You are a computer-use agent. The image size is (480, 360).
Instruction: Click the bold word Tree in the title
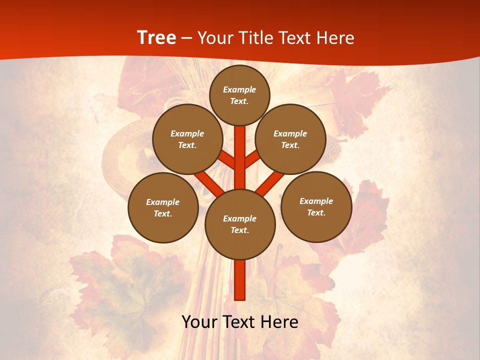[x=156, y=37]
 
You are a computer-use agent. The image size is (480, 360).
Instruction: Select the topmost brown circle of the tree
[x=239, y=95]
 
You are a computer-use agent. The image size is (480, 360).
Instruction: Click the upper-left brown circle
[x=187, y=139]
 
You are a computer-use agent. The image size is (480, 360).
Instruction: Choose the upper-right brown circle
[x=290, y=139]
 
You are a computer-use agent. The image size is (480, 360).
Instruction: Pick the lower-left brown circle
[x=163, y=207]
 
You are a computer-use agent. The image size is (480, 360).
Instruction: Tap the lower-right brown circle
[x=316, y=206]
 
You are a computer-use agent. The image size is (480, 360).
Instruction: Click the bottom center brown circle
[x=240, y=224]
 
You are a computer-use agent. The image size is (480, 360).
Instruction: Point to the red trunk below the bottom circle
[x=240, y=280]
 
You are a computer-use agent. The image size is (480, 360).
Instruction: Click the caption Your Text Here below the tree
[x=240, y=322]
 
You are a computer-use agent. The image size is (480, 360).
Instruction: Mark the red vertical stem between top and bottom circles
[x=240, y=157]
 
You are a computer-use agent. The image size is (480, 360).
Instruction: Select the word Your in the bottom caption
[x=199, y=322]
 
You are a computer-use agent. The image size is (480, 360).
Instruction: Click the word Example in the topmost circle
[x=239, y=89]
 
